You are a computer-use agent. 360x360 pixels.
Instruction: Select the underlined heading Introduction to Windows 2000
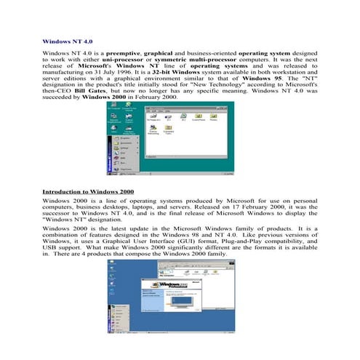[88, 191]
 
